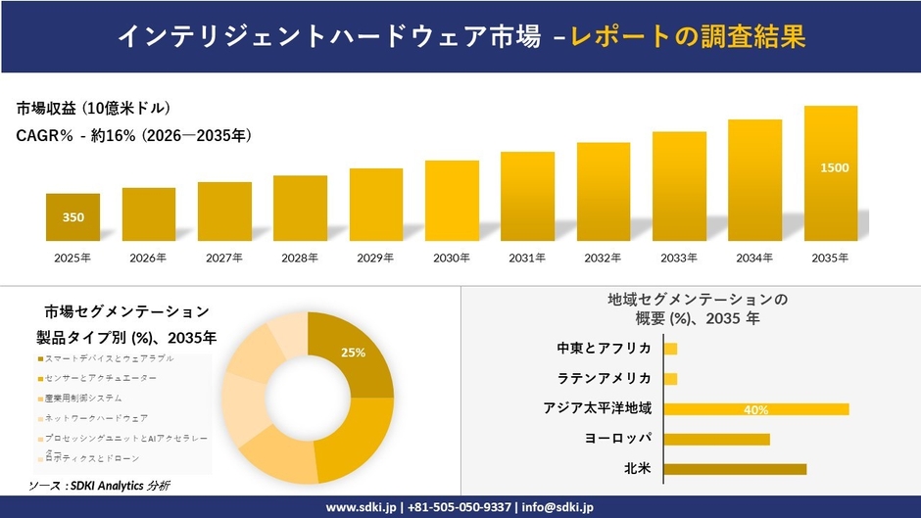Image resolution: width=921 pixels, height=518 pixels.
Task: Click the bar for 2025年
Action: [73, 217]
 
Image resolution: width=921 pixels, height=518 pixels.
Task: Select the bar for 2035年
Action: [830, 173]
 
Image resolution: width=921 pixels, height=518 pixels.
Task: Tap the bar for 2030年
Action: [452, 201]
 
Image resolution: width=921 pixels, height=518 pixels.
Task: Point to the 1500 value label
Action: [834, 167]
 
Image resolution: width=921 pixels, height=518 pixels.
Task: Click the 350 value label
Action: [73, 217]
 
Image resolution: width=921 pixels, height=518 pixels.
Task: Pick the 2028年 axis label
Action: [300, 258]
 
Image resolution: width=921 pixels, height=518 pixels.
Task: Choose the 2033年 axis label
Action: [679, 258]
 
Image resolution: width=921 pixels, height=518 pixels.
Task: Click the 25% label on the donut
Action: [353, 353]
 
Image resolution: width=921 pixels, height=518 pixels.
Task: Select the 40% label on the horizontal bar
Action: [755, 409]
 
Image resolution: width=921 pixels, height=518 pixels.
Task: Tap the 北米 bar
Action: [735, 469]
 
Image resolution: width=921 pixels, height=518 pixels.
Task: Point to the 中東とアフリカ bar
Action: [670, 349]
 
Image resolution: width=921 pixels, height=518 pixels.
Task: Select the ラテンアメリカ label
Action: [604, 379]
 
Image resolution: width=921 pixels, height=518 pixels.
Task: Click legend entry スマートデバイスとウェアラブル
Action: [102, 358]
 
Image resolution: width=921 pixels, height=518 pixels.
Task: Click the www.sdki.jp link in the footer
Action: [361, 507]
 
